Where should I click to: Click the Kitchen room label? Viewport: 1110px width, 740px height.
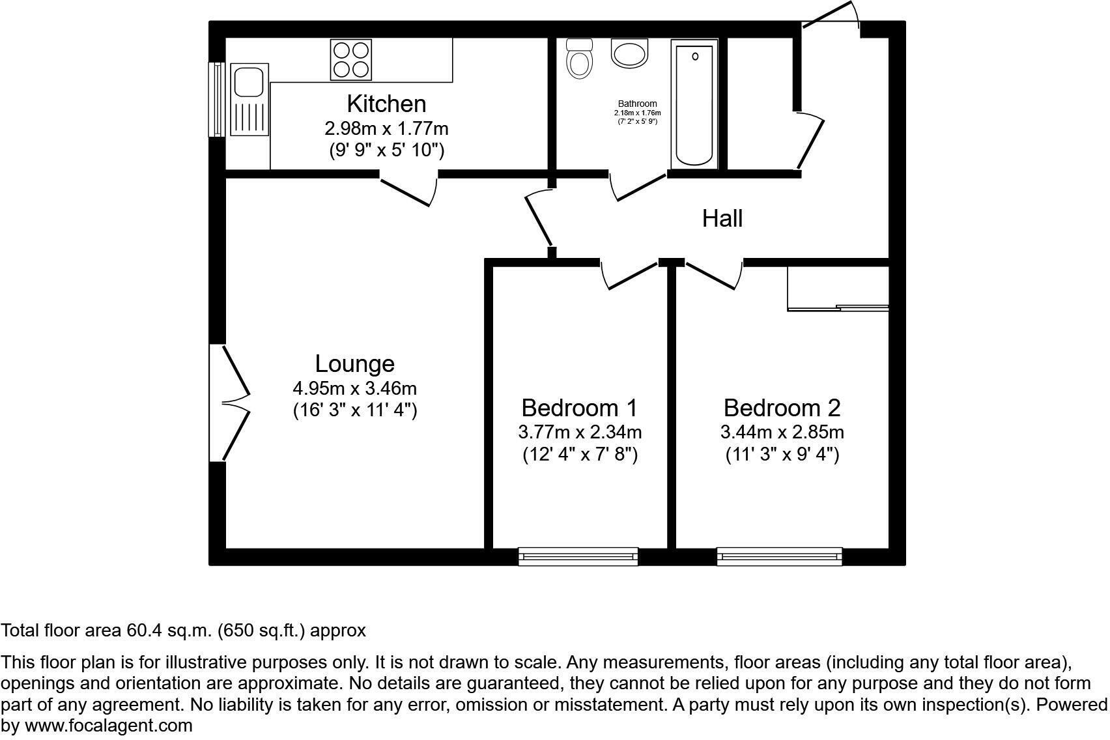pos(386,104)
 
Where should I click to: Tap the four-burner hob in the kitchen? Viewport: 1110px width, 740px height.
pos(352,59)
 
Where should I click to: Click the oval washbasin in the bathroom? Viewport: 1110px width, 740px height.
pos(630,52)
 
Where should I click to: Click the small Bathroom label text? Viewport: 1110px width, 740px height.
pos(637,104)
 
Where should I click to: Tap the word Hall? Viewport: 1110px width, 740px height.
pos(722,219)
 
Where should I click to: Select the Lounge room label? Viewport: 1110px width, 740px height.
pos(354,363)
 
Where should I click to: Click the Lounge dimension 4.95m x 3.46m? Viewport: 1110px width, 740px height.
pos(354,389)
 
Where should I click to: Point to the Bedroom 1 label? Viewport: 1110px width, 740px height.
pos(579,408)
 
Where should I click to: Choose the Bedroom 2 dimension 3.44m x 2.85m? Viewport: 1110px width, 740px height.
pos(782,432)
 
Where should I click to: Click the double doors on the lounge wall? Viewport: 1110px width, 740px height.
pos(231,403)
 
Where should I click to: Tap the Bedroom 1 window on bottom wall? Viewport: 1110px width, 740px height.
pos(578,556)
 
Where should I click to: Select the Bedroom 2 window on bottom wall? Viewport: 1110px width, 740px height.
pos(779,556)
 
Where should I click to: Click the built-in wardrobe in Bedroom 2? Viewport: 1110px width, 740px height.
pos(837,287)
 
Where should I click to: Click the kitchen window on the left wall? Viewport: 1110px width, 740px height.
pos(216,99)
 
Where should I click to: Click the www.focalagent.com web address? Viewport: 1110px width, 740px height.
pos(109,726)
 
